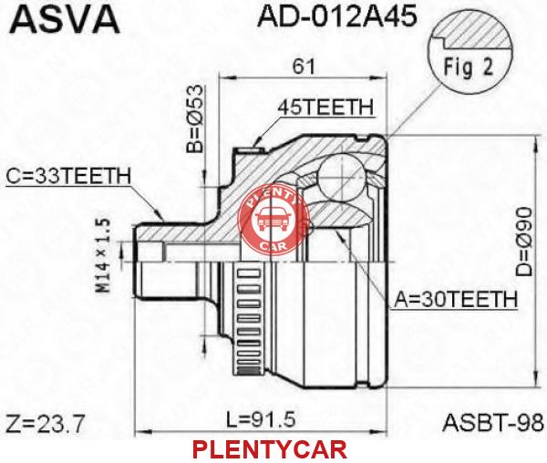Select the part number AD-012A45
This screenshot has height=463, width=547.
click(x=336, y=15)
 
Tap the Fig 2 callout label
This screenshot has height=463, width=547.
click(x=469, y=67)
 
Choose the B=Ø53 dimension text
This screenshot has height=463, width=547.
click(x=194, y=118)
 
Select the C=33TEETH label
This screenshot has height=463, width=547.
click(x=68, y=176)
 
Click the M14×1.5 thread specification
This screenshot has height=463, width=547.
click(x=104, y=255)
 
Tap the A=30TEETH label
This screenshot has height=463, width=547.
click(x=456, y=299)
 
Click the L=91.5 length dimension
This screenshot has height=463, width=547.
click(x=261, y=419)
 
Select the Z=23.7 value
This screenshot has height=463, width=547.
click(x=46, y=424)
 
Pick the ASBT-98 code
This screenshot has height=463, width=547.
click(x=493, y=423)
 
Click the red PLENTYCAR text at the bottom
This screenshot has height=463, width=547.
click(x=270, y=449)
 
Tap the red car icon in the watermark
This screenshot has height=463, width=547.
click(x=273, y=220)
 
